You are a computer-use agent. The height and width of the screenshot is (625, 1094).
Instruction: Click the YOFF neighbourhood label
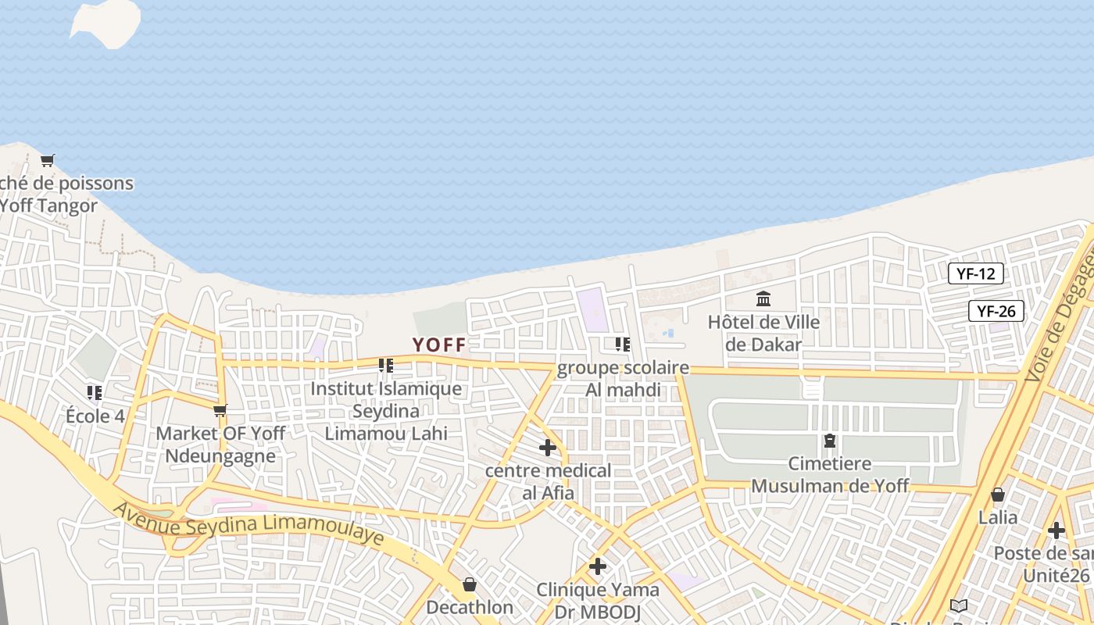439,345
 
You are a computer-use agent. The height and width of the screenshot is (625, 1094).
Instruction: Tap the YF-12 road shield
975,273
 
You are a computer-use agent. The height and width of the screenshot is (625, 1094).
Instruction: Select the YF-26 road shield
996,311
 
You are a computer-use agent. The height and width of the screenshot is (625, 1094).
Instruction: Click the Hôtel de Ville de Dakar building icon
763,298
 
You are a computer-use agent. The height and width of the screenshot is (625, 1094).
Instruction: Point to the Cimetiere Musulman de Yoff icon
829,441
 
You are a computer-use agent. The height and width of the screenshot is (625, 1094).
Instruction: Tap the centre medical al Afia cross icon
548,448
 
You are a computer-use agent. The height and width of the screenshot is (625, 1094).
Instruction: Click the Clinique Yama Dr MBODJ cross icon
598,566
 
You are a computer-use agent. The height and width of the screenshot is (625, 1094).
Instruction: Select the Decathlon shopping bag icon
470,584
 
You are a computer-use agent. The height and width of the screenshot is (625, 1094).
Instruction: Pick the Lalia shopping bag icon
998,495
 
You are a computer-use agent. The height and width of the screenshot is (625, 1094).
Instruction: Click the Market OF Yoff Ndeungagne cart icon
220,410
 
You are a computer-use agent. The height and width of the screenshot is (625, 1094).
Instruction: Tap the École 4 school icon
95,392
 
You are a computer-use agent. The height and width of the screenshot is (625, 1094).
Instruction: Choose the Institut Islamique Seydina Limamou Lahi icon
385,366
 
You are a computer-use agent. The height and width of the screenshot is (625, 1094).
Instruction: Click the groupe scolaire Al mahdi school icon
623,344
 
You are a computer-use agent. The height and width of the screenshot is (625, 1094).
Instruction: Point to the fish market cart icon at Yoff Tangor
48,160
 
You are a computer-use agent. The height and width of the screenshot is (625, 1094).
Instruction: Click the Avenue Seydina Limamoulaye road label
249,526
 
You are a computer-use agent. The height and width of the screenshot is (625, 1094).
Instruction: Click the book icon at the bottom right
959,605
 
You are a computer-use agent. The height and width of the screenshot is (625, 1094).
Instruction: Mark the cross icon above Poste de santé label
1056,530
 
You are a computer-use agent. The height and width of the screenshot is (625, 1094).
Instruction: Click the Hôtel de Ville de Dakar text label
763,333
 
